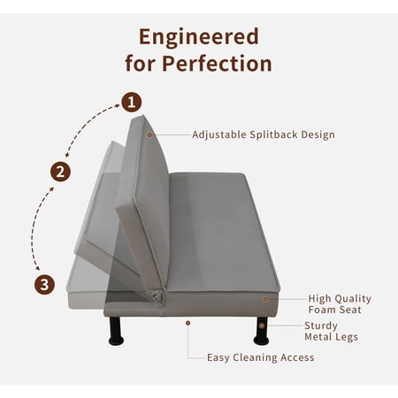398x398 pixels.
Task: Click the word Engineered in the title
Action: [x=199, y=38]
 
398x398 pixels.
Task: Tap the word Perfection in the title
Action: [x=217, y=63]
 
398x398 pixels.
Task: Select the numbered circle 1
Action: [x=132, y=102]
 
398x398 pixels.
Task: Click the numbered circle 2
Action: [x=60, y=172]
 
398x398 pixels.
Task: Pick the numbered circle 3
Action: [x=44, y=285]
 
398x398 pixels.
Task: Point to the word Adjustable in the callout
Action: [x=219, y=135]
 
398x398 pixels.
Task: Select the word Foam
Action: [x=322, y=310]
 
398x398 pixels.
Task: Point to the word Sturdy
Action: [x=321, y=326]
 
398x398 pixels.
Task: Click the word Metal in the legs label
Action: [x=319, y=337]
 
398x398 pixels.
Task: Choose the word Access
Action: [x=297, y=357]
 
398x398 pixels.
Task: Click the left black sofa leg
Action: [x=116, y=331]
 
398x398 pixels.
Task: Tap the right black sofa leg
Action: [x=261, y=331]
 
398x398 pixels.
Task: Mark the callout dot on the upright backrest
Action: [x=149, y=134]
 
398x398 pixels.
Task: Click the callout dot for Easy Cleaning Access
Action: [x=188, y=323]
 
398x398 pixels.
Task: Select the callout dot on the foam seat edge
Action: [x=265, y=299]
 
